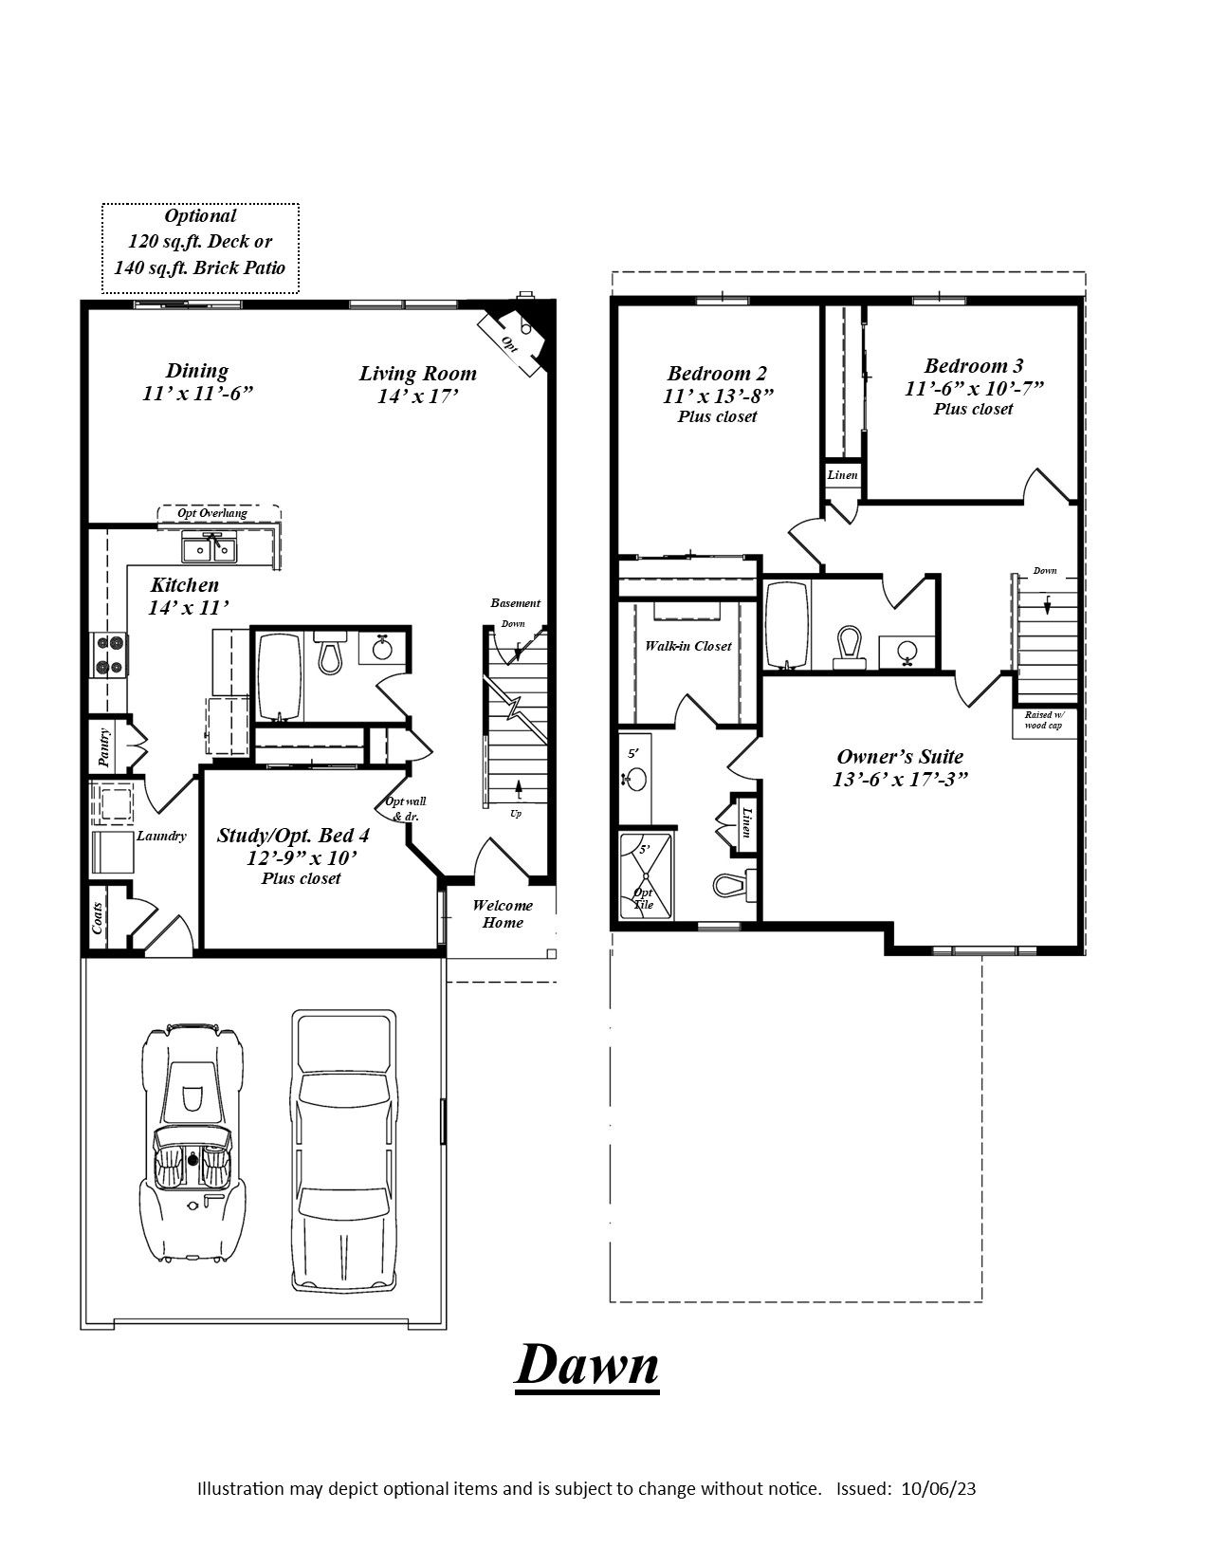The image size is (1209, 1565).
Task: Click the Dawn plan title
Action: point(587,1366)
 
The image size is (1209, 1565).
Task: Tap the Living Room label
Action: point(417,374)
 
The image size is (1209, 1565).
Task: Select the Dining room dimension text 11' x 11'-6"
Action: point(197,394)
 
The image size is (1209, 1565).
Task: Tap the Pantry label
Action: point(104,747)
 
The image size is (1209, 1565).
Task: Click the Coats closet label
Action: point(98,917)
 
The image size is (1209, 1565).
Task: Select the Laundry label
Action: point(161,836)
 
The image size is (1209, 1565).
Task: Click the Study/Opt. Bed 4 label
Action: point(293,836)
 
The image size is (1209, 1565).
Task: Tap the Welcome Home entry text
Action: point(502,913)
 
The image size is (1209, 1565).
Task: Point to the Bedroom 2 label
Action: point(717,374)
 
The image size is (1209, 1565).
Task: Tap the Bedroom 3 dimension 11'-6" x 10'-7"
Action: point(974,388)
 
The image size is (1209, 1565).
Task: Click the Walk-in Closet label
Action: point(687,646)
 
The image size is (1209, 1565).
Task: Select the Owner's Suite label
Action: point(900,757)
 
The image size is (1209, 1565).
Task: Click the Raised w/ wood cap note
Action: point(1044,720)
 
